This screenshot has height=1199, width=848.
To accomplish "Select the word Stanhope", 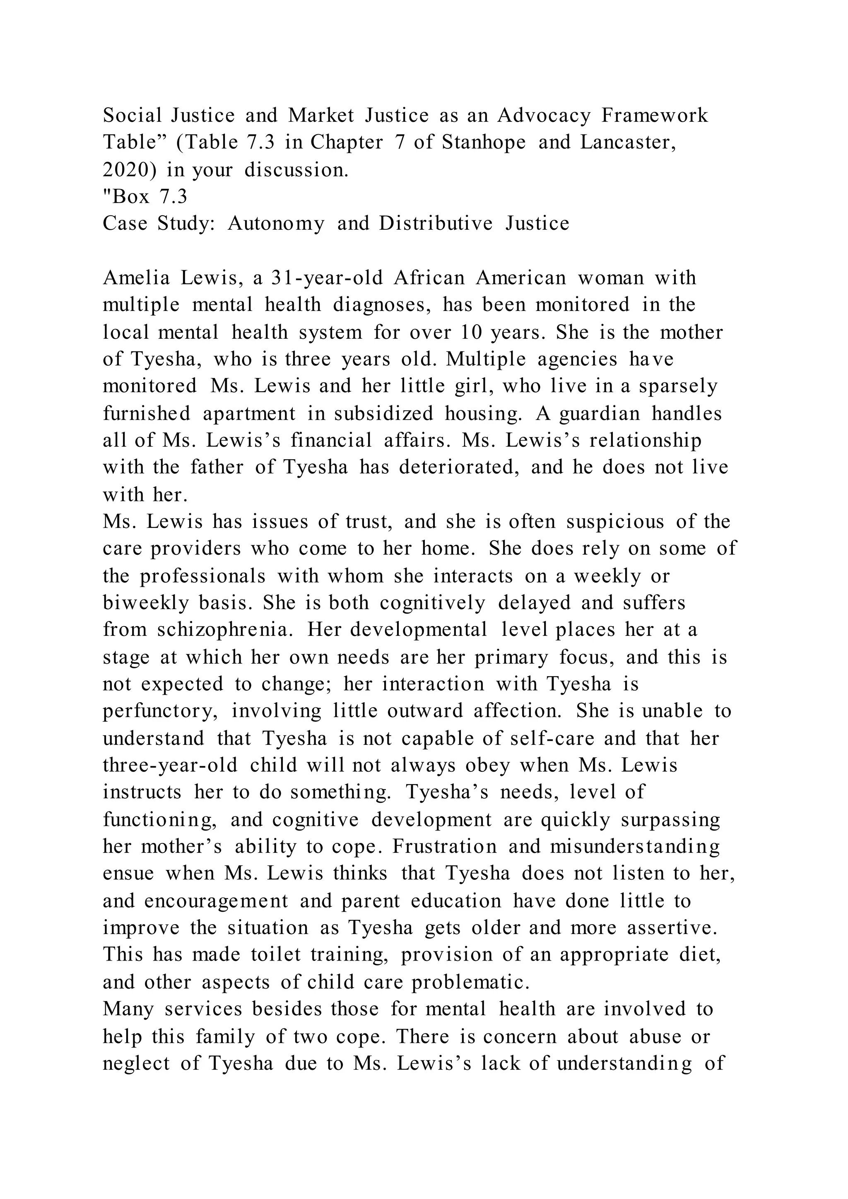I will click(484, 142).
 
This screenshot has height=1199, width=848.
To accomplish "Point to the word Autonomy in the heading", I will click(276, 224).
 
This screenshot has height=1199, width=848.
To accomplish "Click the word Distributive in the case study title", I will click(436, 224).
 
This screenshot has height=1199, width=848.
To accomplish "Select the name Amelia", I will click(136, 278).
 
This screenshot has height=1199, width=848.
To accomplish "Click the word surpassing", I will click(670, 820).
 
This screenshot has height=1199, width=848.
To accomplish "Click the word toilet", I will click(276, 955).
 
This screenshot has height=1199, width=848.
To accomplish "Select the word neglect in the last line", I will click(136, 1064).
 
